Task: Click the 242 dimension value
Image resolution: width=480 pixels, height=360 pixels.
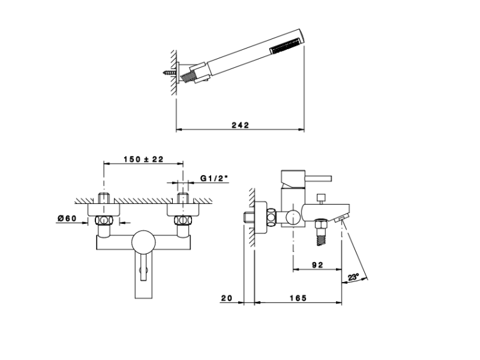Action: [x=240, y=125]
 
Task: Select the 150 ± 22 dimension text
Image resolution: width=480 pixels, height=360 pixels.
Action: [x=143, y=159]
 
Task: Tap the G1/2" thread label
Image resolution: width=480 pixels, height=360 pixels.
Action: [x=214, y=178]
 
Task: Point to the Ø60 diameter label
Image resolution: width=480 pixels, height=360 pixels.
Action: [x=67, y=218]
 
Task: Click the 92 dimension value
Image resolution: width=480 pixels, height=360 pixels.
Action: [x=317, y=265]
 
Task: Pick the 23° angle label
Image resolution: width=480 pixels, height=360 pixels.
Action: [x=353, y=277]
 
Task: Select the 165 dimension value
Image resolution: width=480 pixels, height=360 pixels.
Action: [x=298, y=298]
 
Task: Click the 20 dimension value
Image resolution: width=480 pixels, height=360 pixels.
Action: [x=227, y=298]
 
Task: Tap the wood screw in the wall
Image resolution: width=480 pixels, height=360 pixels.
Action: [x=170, y=73]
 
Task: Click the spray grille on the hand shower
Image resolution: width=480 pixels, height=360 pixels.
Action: [x=285, y=45]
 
